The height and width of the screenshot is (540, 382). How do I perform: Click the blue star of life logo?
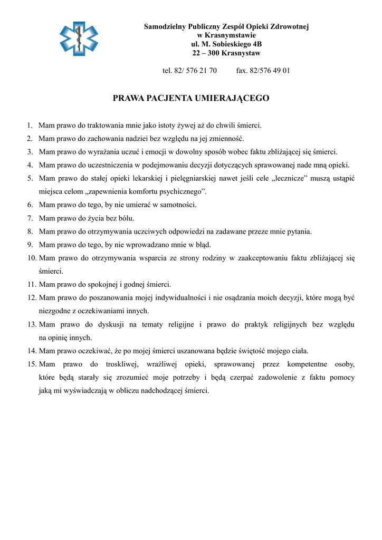point(79,38)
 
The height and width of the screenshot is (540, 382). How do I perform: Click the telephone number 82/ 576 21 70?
point(195,70)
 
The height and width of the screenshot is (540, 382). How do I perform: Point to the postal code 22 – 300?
point(206,53)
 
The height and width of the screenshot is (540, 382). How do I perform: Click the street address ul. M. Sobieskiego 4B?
point(226,44)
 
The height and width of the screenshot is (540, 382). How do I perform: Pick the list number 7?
point(31,218)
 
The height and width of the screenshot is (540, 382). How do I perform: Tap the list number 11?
point(31,284)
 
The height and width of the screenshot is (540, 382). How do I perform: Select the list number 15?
point(31,364)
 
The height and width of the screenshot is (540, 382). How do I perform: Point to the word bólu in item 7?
point(126,218)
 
